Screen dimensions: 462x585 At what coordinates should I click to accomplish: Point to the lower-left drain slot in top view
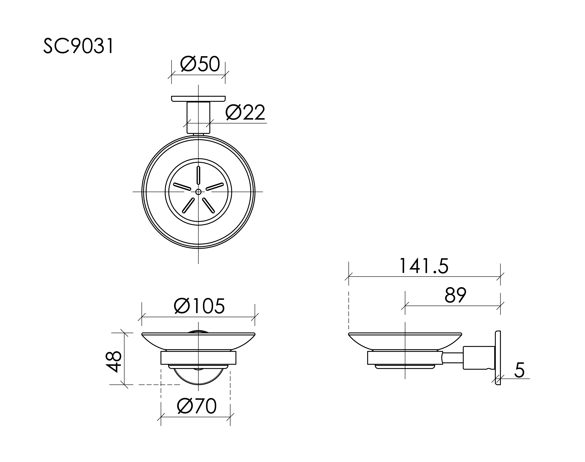(188, 205)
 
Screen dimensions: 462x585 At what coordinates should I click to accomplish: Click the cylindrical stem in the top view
(198, 117)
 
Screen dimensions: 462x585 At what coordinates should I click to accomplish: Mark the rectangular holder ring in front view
(198, 358)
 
